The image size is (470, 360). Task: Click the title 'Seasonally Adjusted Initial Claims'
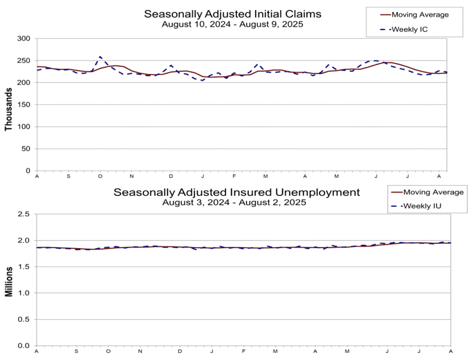coord(232,14)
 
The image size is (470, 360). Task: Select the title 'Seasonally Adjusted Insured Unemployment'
coord(236,192)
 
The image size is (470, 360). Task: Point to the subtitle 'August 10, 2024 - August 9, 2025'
coord(232,24)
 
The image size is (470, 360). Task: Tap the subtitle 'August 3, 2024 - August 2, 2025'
coord(234,202)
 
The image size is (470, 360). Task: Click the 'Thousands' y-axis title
coord(8,109)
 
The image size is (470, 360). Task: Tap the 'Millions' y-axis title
coord(9,282)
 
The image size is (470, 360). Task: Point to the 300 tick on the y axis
coord(24,38)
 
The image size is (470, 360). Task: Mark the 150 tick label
coord(24,104)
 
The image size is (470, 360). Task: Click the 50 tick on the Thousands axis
coord(26,148)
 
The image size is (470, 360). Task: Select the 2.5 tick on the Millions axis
coord(23,214)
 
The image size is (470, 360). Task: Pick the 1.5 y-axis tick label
coord(23,267)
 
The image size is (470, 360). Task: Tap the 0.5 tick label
coord(23,319)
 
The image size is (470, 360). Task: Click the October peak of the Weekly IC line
coord(100,56)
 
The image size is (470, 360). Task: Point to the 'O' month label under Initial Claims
coord(100,176)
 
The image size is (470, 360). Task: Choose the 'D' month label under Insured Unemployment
coord(180,351)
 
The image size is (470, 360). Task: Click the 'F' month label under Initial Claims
coord(234,176)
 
